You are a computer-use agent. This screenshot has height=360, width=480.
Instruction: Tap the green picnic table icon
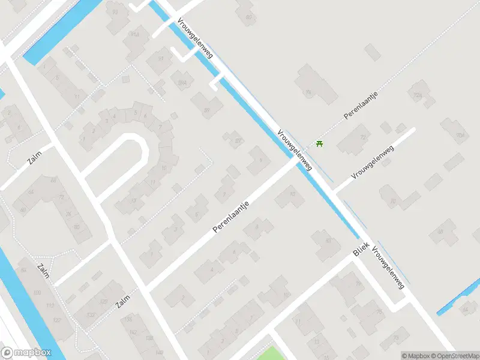point(319,144)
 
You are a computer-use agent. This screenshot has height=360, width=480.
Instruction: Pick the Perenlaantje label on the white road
point(231,217)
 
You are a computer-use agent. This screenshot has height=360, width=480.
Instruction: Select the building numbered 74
point(309,91)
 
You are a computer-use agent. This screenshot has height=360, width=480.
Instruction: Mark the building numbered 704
point(460,135)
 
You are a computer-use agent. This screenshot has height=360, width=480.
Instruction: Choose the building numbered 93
point(115,11)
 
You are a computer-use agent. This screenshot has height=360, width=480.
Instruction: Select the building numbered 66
point(53,180)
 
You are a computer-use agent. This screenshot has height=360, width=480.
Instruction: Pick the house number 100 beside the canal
point(37,292)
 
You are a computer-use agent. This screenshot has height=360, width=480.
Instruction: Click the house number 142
point(133,332)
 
